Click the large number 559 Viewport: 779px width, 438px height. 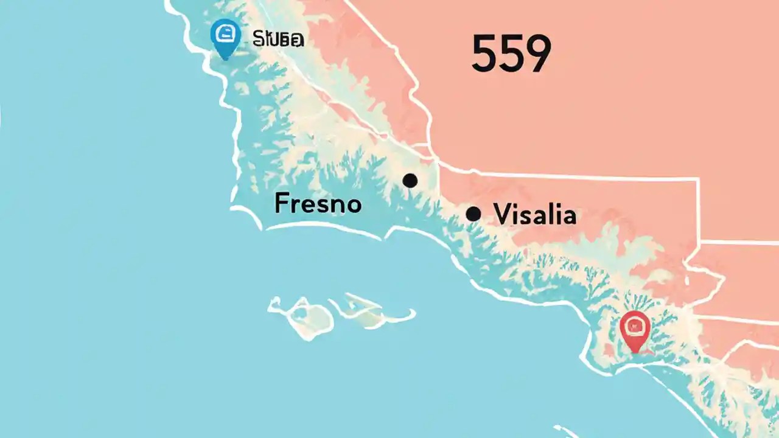pyautogui.click(x=511, y=54)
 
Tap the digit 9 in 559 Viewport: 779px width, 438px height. pyautogui.click(x=537, y=54)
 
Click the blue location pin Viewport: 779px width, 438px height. pyautogui.click(x=225, y=36)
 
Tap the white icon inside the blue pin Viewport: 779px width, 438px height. pyautogui.click(x=225, y=33)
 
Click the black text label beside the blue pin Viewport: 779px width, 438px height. pyautogui.click(x=278, y=40)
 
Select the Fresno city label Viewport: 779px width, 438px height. pyautogui.click(x=318, y=203)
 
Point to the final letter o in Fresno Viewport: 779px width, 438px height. pyautogui.click(x=354, y=205)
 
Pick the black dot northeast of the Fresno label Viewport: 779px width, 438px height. pyautogui.click(x=410, y=180)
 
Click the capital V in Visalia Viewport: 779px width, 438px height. pyautogui.click(x=503, y=214)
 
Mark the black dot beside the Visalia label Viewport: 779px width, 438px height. pyautogui.click(x=473, y=214)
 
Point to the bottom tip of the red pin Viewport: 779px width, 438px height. pyautogui.click(x=635, y=352)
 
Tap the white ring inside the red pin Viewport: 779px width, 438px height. pyautogui.click(x=635, y=325)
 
